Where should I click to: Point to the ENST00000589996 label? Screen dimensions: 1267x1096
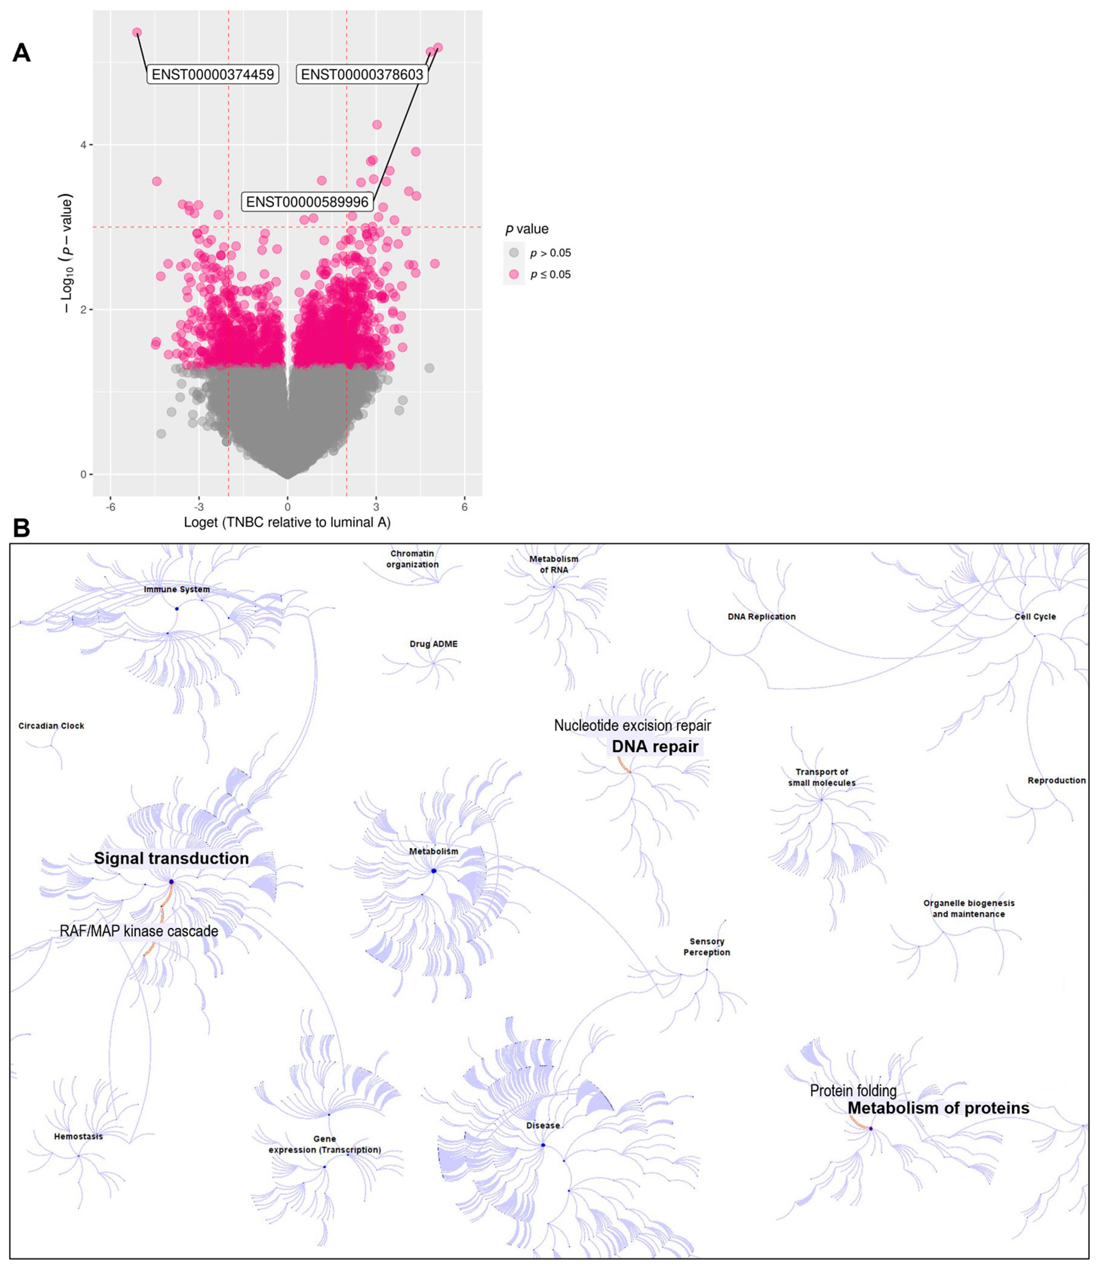[307, 202]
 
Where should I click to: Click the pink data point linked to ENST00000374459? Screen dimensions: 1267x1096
[137, 32]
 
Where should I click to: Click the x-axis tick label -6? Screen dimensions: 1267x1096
[111, 507]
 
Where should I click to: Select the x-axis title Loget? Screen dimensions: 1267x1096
[287, 522]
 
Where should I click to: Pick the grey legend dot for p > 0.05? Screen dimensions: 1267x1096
[514, 253]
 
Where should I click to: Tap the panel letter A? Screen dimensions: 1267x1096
[22, 53]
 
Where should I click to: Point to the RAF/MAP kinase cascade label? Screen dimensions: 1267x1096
[139, 931]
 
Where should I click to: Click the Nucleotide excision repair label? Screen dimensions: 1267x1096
[632, 725]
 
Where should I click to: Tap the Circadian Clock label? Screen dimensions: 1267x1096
[51, 726]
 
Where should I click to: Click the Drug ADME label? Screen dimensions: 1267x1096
[433, 644]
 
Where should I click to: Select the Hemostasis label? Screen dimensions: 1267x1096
[78, 1136]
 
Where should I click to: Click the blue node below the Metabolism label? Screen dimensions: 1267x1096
[433, 871]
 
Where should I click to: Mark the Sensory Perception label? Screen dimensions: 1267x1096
[706, 947]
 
